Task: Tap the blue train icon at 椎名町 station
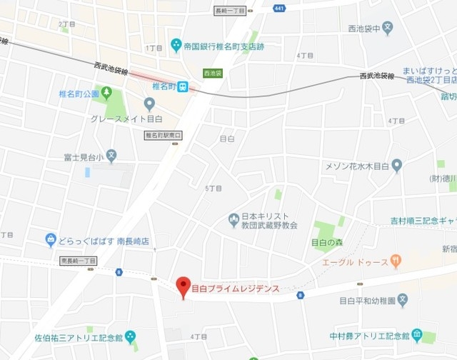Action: point(183,86)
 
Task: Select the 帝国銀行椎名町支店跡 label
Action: point(223,46)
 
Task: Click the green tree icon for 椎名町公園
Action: point(106,92)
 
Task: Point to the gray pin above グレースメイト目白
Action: point(149,104)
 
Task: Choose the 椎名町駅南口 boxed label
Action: point(164,135)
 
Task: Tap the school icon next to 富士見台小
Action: point(111,155)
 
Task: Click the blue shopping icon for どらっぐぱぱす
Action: point(51,240)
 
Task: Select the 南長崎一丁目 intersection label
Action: point(79,261)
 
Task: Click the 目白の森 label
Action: point(327,242)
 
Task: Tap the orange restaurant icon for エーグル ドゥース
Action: point(397,261)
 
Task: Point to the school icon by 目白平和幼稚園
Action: point(403,299)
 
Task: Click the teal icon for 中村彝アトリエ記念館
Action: point(417,335)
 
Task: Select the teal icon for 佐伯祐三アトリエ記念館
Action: point(130,336)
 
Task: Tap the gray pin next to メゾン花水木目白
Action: point(397,166)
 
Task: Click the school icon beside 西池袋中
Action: point(387,29)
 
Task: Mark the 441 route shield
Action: point(278,8)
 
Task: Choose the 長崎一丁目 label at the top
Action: point(230,11)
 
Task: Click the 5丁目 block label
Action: point(213,188)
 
